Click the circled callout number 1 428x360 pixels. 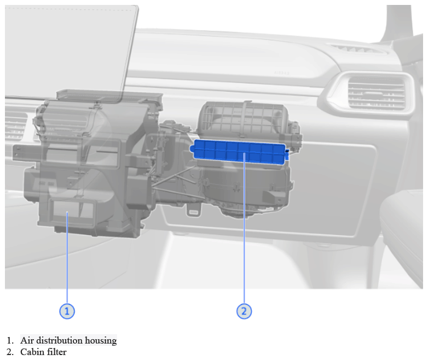click(x=67, y=311)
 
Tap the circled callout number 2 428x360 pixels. click(x=244, y=311)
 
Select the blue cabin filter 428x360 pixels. click(x=239, y=152)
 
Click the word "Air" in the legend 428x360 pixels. click(x=27, y=340)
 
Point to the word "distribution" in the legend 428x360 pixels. click(x=59, y=340)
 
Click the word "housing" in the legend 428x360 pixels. click(x=101, y=341)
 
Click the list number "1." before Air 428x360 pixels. click(x=10, y=341)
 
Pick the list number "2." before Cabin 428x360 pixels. click(x=10, y=352)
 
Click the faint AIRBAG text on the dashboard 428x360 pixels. click(x=282, y=73)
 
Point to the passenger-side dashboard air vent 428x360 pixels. click(x=376, y=94)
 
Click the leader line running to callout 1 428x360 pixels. click(x=67, y=258)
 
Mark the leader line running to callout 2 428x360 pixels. click(x=244, y=228)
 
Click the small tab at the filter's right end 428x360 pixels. click(x=287, y=155)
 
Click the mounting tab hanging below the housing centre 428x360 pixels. click(x=193, y=210)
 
